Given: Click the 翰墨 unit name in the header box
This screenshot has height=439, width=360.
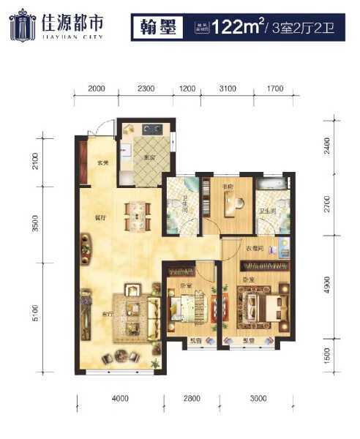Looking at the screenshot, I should point(154,29).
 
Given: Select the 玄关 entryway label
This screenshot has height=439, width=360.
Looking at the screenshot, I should point(102,162).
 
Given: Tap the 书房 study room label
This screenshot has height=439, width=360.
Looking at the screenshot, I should point(227,187).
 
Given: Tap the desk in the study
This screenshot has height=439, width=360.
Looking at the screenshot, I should point(233,205).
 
